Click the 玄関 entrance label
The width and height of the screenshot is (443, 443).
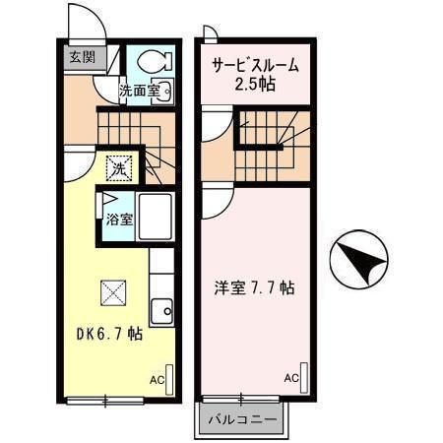[81, 57]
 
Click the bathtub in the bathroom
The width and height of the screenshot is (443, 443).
[156, 218]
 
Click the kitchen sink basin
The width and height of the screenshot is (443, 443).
[161, 309]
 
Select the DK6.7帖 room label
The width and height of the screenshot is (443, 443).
[109, 334]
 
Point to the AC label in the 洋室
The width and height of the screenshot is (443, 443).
[291, 377]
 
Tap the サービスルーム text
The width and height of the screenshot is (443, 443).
[255, 66]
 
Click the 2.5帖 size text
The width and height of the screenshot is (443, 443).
[255, 86]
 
